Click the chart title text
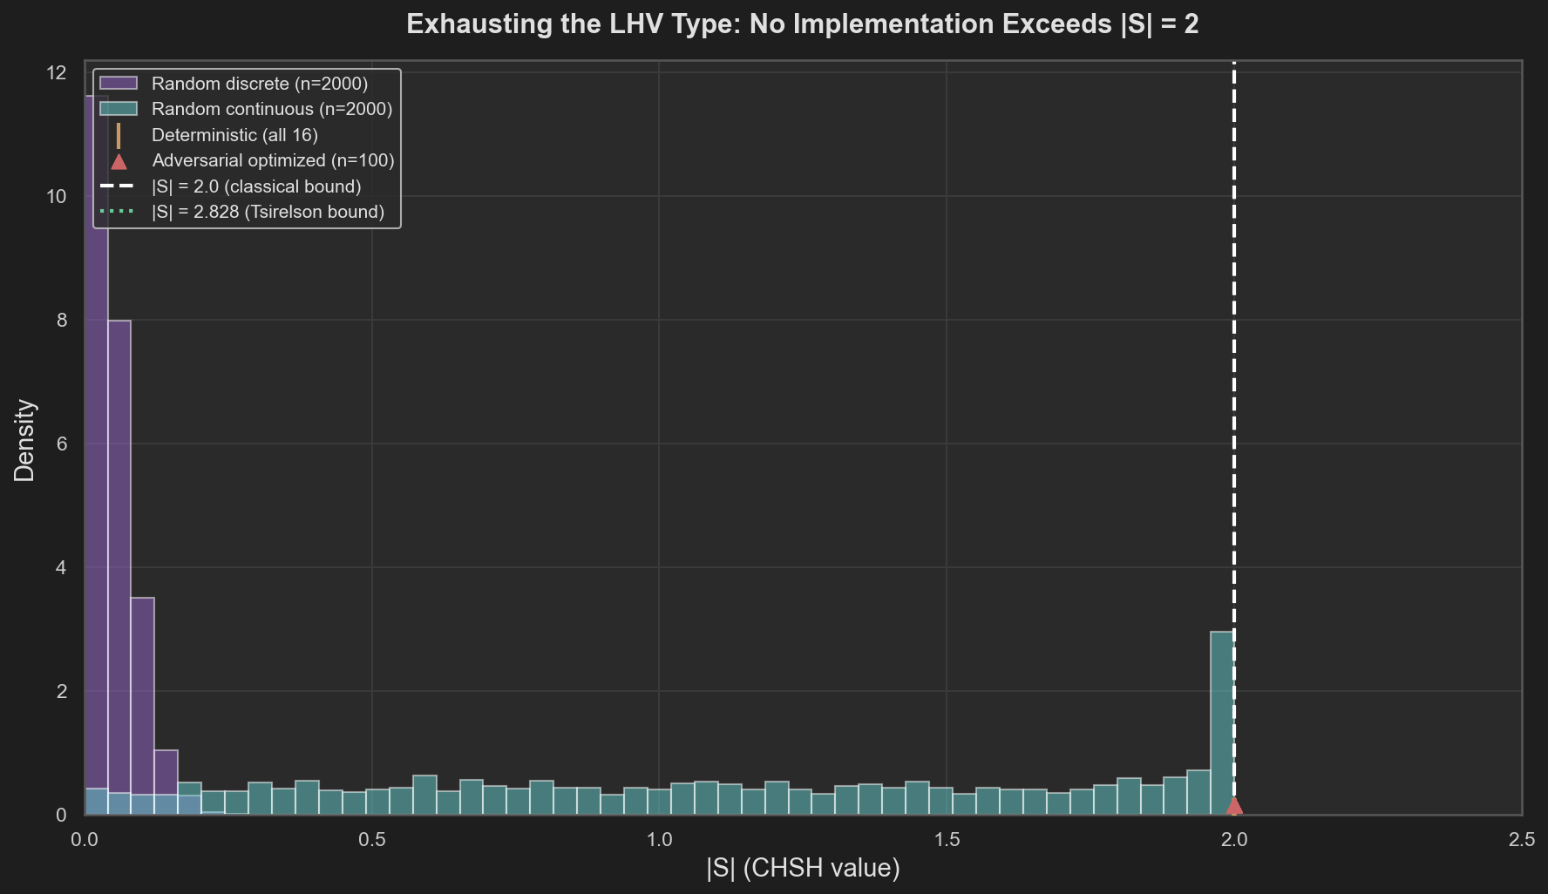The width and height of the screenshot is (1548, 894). pyautogui.click(x=802, y=24)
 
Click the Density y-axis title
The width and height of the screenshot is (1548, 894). pyautogui.click(x=24, y=440)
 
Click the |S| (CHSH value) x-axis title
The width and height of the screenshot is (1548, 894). pyautogui.click(x=803, y=868)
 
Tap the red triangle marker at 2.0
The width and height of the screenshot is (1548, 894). pyautogui.click(x=1234, y=806)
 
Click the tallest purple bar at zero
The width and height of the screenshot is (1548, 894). pyautogui.click(x=96, y=436)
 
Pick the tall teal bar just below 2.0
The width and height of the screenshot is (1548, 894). pyautogui.click(x=1222, y=723)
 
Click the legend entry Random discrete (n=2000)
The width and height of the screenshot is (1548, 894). pyautogui.click(x=259, y=84)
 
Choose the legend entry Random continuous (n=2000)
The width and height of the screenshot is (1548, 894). pyautogui.click(x=271, y=109)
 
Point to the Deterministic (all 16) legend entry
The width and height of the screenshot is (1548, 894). pyautogui.click(x=234, y=135)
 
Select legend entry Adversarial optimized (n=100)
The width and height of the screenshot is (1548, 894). pyautogui.click(x=273, y=160)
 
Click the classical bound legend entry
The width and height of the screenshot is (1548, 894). pyautogui.click(x=255, y=186)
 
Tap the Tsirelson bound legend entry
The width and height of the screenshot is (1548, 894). pyautogui.click(x=268, y=212)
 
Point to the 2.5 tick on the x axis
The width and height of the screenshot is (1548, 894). pyautogui.click(x=1521, y=840)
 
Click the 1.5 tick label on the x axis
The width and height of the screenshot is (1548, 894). pyautogui.click(x=947, y=840)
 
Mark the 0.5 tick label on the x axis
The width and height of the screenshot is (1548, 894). pyautogui.click(x=371, y=840)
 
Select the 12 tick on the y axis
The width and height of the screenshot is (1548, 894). pyautogui.click(x=57, y=73)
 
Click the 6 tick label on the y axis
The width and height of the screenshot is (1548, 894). pyautogui.click(x=61, y=444)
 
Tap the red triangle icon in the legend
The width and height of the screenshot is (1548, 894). pyautogui.click(x=119, y=160)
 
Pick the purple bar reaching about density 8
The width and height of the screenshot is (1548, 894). pyautogui.click(x=119, y=566)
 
